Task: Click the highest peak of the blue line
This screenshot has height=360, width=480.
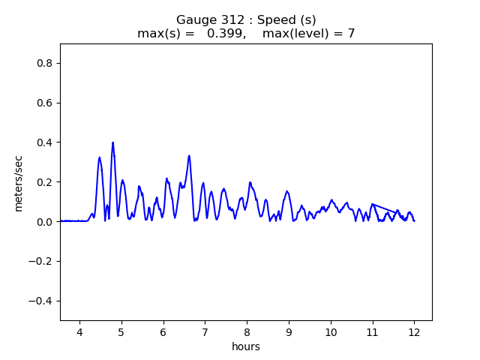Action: [x=113, y=142]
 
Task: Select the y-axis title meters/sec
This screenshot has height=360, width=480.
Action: [x=19, y=183]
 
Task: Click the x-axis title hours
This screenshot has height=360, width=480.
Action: [x=246, y=347]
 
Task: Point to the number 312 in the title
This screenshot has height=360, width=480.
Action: [x=223, y=19]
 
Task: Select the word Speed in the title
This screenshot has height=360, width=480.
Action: [x=265, y=19]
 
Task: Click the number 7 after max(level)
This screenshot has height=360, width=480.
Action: [x=351, y=34]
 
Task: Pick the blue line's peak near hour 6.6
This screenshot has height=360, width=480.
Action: [x=189, y=156]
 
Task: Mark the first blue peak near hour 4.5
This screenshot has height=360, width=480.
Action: [x=99, y=157]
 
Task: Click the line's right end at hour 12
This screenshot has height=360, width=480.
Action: [x=414, y=220]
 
